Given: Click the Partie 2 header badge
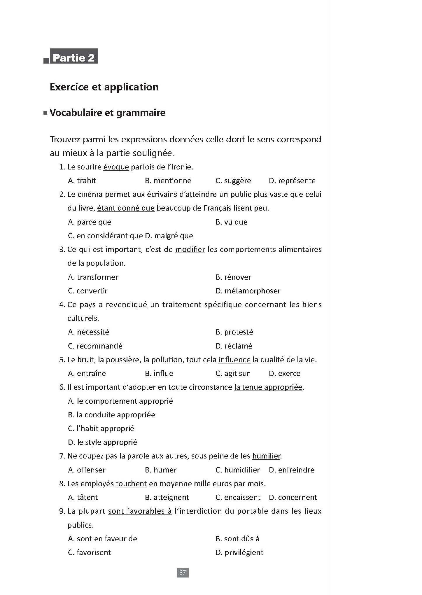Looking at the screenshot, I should coord(73,57).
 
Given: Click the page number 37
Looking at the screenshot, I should coord(182,572).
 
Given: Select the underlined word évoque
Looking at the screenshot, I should coord(116,167).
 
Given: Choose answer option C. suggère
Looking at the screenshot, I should coord(233,181).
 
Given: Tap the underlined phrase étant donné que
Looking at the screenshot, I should coord(126,208).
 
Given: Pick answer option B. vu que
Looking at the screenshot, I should coord(231,222).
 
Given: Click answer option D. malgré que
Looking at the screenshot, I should coord(169,236).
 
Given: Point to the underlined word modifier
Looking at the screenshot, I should coord(190,250).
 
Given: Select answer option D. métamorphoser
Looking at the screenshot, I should coord(248,291).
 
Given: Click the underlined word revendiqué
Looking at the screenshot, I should coord(126,305).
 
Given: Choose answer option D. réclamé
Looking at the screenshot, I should coord(234,346).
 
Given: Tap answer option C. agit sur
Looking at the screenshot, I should coord(232,373).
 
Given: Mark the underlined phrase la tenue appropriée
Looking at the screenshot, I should coord(268,387).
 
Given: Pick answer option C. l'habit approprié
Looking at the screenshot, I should coord(101,428).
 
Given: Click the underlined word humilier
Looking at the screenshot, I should coord(266,456).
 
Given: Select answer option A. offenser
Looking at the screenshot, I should coord(87,470).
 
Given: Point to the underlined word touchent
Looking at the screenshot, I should coord(131,484).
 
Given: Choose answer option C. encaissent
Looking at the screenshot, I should coord(238,497).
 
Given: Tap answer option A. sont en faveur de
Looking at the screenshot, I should coord(102,539).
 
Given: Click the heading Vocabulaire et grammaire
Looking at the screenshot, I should coord(107,113).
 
